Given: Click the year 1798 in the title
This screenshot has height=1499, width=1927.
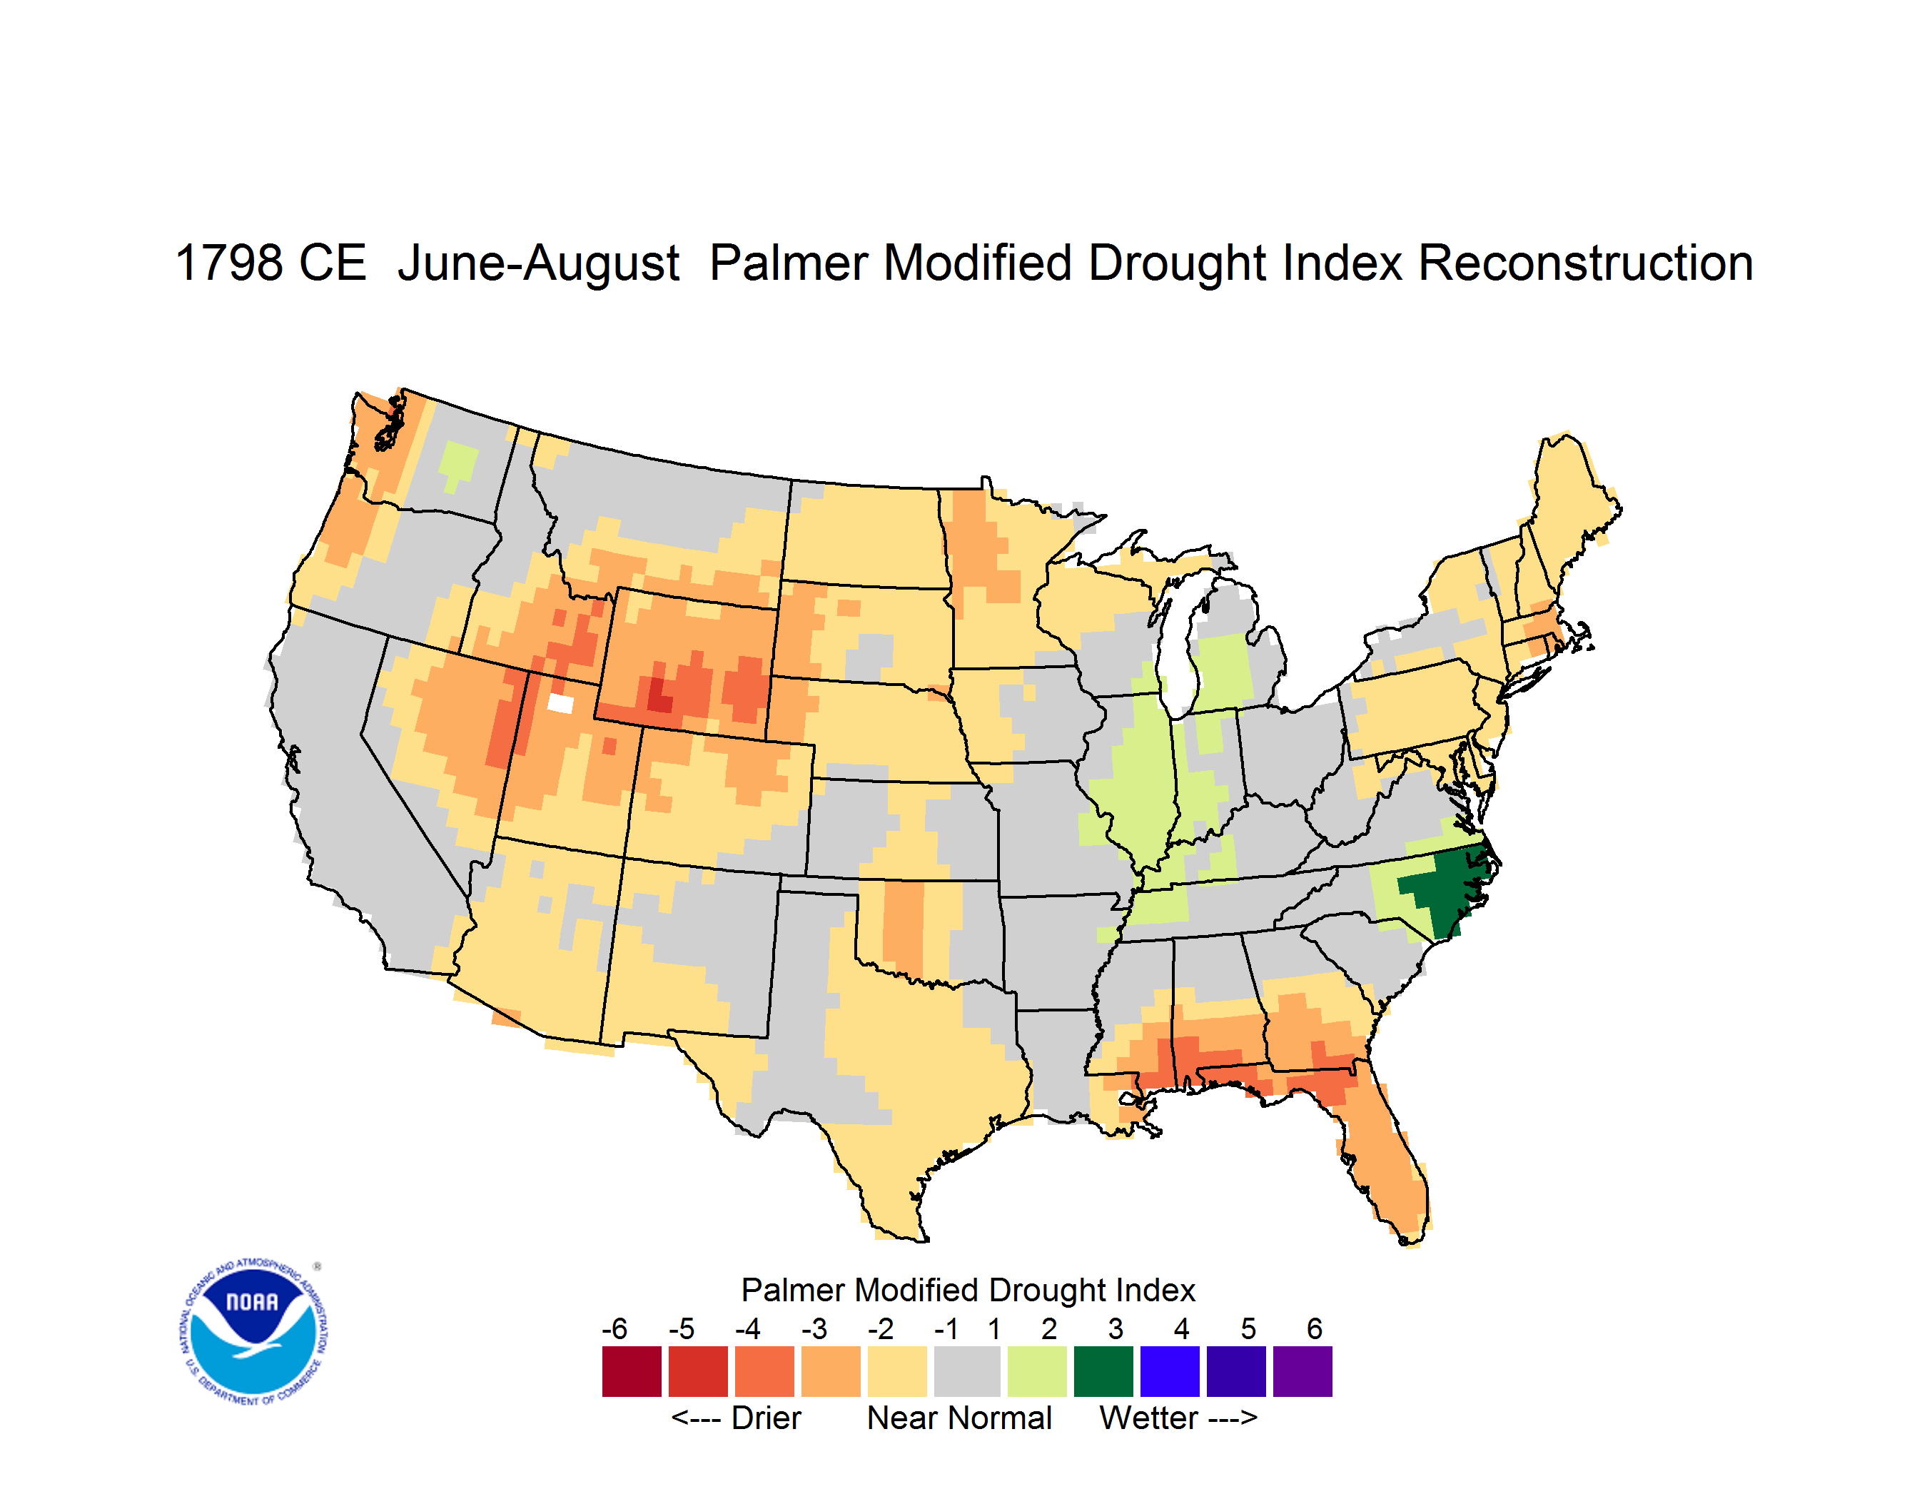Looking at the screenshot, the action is point(226,263).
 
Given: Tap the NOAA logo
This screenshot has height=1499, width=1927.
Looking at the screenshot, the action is point(253,1331).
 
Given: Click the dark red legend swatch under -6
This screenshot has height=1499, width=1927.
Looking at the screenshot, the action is point(632,1371).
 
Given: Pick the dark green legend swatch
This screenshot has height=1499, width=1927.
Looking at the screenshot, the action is point(1103,1371).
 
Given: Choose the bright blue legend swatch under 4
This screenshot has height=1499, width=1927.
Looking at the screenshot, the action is point(1170,1371).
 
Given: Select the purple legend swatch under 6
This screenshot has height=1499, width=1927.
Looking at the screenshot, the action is point(1303,1371).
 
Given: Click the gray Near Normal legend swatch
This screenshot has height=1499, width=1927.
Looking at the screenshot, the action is point(967,1371).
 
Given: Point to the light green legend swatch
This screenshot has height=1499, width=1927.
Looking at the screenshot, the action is point(1037,1371).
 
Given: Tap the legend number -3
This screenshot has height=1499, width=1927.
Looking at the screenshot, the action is point(814,1328).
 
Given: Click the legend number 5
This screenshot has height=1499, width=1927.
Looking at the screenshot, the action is point(1248,1328).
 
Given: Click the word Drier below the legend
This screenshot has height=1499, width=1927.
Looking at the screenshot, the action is point(766,1418).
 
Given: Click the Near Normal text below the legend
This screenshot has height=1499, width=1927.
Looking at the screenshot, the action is point(959,1418).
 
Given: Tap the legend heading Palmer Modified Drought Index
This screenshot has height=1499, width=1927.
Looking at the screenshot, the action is point(968,1290).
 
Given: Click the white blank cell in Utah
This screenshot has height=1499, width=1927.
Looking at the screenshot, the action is point(560,703).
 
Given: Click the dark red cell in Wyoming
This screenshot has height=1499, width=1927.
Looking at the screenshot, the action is point(658,695).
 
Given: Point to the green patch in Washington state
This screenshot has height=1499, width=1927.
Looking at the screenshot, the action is point(458,463).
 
